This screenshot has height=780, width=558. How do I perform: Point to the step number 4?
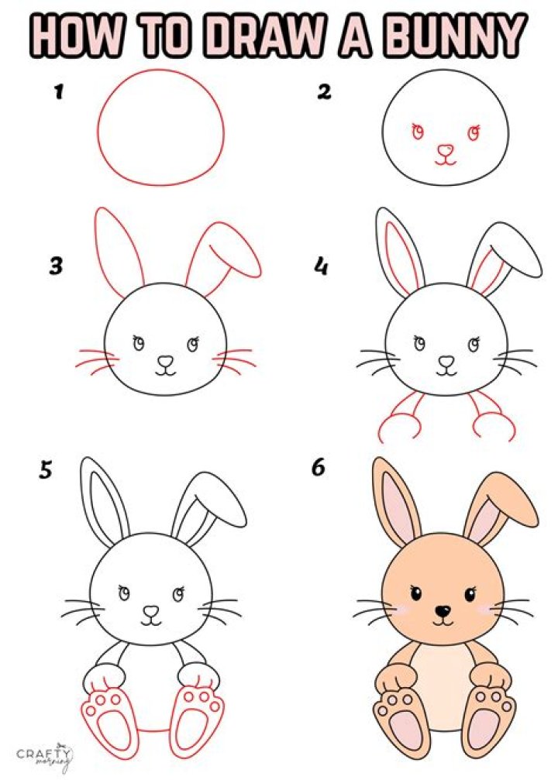pos(320,267)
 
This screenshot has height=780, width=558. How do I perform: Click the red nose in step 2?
pos(446,149)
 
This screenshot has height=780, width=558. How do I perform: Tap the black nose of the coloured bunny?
pos(443,611)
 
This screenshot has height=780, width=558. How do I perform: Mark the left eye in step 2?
pos(418,132)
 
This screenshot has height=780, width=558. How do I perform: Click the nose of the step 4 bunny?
pos(446,361)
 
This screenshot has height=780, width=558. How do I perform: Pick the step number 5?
pos(46,470)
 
